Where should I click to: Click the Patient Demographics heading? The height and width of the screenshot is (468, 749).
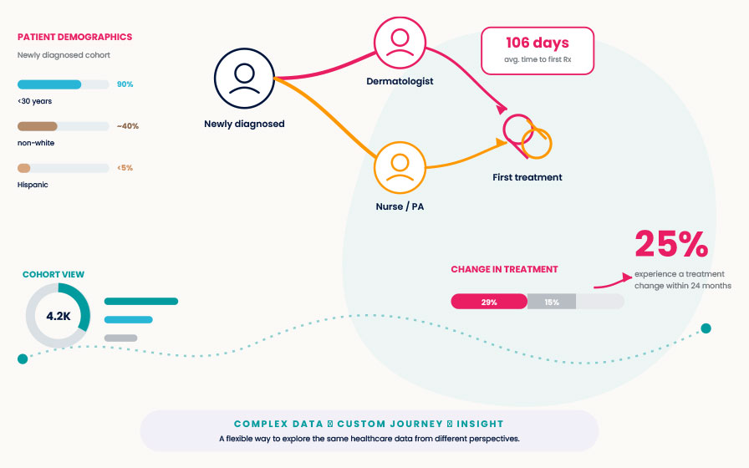point(74,37)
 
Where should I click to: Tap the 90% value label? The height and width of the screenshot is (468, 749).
point(125,84)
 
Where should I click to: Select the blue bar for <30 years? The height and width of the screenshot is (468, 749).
point(49,84)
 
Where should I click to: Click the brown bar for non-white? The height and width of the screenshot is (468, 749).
point(38,126)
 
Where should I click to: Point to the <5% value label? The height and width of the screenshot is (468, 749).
point(125,168)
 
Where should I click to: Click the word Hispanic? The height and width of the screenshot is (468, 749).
point(33,185)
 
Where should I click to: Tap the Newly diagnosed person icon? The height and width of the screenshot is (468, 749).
point(244,79)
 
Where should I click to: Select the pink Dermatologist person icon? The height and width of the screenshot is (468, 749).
point(400,43)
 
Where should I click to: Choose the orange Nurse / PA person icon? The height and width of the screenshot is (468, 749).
point(400,168)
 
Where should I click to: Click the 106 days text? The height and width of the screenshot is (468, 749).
point(538,43)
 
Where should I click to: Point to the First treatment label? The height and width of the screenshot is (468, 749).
point(527,177)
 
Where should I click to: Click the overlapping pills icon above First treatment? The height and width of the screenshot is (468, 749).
point(527,136)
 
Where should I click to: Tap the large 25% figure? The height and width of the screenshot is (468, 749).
point(671,244)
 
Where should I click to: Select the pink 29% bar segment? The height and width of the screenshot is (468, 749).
point(489,302)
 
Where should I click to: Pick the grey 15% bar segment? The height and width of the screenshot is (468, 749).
point(552,302)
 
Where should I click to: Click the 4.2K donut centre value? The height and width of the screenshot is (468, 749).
point(59,316)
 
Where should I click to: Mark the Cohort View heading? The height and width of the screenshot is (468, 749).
point(53,274)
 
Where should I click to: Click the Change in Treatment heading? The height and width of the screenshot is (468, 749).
point(504,269)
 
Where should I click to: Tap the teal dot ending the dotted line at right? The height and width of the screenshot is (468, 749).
point(706,328)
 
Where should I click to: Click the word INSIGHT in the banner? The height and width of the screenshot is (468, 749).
point(480,424)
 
